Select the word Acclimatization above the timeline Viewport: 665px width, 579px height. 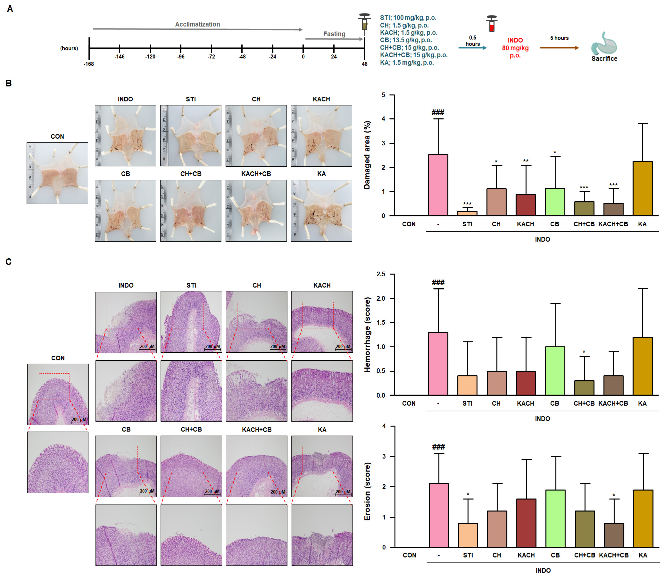[197, 24]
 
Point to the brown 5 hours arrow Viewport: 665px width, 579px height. [559, 48]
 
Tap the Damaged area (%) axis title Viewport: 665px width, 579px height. [367, 155]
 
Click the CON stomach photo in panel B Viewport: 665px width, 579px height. [57, 173]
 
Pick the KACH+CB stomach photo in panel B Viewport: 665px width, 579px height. [256, 211]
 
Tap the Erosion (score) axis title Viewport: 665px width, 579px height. [367, 491]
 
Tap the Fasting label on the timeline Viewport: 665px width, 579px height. [334, 34]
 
